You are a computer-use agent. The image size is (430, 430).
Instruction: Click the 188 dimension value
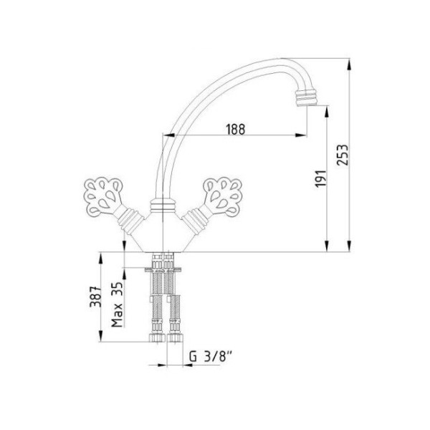pos(236,129)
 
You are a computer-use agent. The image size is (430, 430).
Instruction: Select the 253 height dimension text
pos(343,155)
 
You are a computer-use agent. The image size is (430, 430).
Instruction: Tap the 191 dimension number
pos(321,178)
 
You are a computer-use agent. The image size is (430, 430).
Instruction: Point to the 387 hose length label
pos(96,297)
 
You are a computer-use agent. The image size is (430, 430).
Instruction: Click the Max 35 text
pos(117,305)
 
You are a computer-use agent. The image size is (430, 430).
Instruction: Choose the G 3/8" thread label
pos(211,357)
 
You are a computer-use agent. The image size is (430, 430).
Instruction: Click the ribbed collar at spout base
pos(163,206)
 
